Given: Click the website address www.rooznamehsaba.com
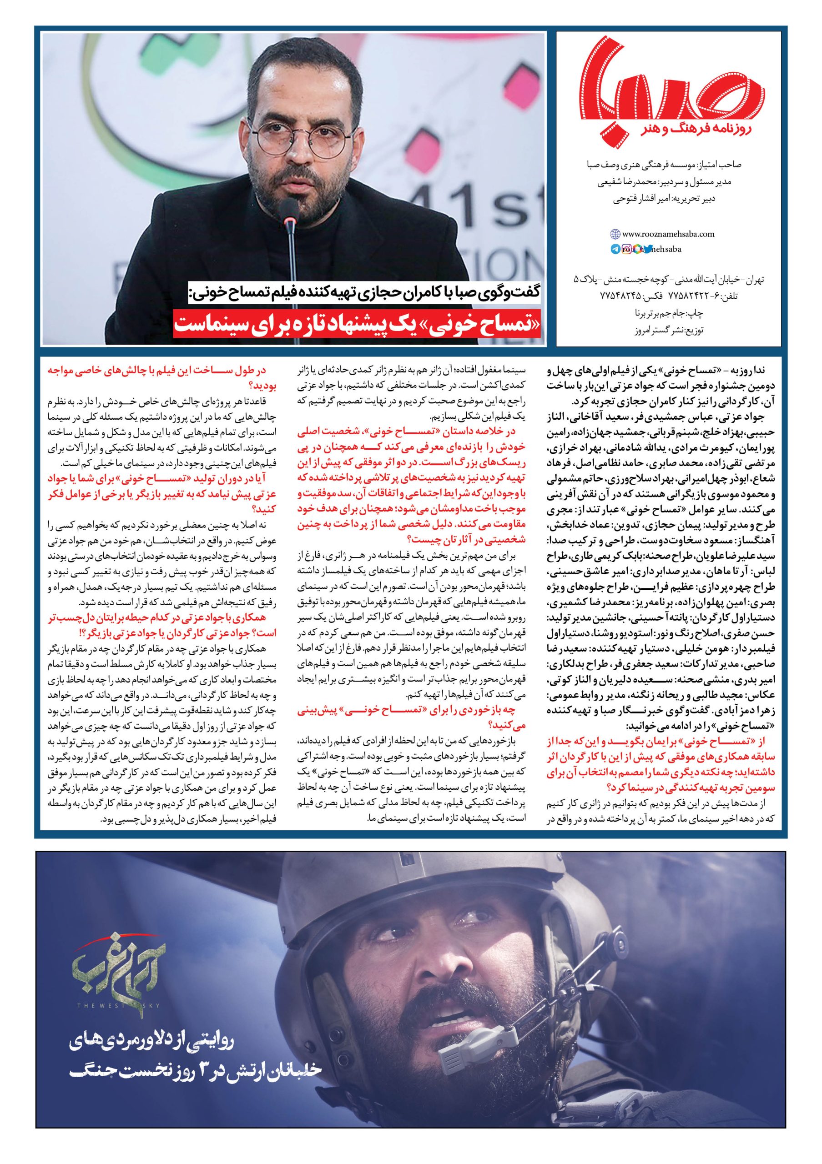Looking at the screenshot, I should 668,234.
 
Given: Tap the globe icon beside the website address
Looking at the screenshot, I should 615,234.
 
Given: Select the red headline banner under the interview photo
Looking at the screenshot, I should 358,323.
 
